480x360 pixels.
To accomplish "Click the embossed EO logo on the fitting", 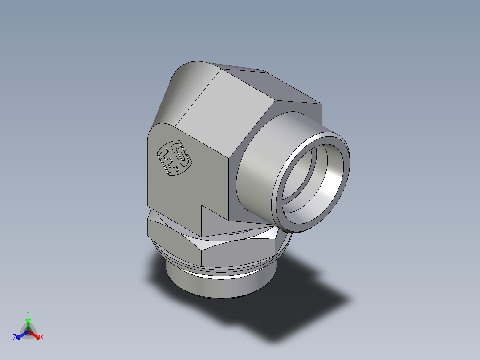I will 175,159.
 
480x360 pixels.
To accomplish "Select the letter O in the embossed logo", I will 181,157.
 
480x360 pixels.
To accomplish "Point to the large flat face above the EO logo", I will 214,111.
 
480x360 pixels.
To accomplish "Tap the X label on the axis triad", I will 42,338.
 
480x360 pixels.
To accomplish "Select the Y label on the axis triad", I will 28,313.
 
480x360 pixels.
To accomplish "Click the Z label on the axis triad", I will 15,338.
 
